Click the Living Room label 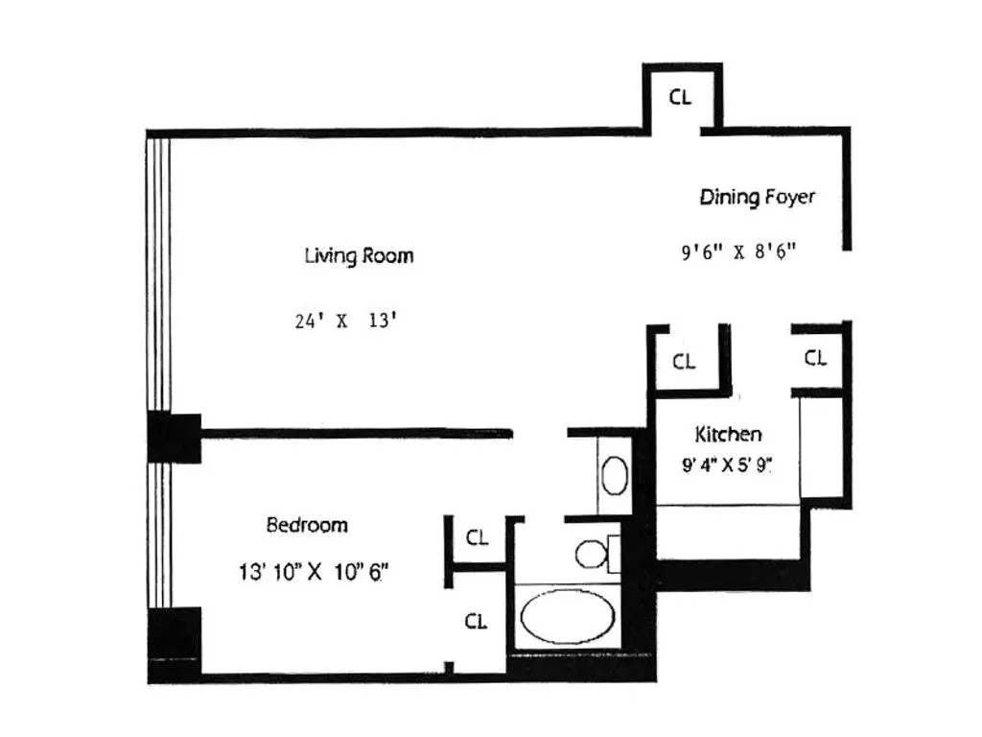point(359,256)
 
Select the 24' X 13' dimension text point(346,321)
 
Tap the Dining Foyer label point(757,198)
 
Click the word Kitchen point(728,434)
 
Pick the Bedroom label point(306,525)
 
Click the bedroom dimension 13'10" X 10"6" point(314,573)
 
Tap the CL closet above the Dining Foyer point(679,97)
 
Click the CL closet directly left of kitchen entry point(683,362)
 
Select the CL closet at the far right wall point(815,358)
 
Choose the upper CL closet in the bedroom point(477,538)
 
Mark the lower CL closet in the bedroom point(476,622)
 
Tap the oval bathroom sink point(614,475)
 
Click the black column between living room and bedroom point(175,437)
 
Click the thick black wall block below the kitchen point(734,574)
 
